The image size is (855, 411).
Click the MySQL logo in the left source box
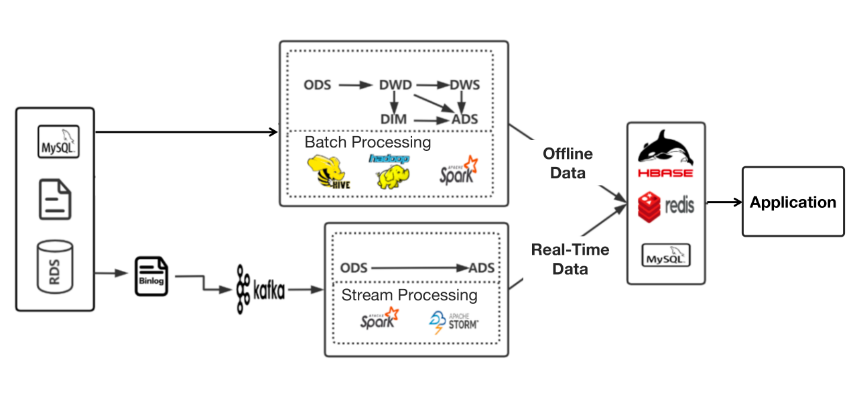(58, 141)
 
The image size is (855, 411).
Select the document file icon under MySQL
(55, 199)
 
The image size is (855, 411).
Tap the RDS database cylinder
(55, 266)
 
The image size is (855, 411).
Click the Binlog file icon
(151, 276)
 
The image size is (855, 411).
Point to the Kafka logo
(260, 290)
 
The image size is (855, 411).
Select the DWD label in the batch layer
(395, 85)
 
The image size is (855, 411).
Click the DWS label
(464, 85)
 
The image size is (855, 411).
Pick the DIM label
(394, 119)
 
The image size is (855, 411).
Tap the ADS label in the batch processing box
(465, 119)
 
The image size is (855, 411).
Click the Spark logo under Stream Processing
(379, 319)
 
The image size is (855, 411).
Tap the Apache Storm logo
(454, 321)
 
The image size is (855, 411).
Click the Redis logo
(665, 205)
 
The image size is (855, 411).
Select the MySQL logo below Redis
(666, 255)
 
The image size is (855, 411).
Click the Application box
(793, 202)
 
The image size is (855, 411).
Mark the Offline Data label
(568, 163)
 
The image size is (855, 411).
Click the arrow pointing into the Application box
(724, 202)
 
